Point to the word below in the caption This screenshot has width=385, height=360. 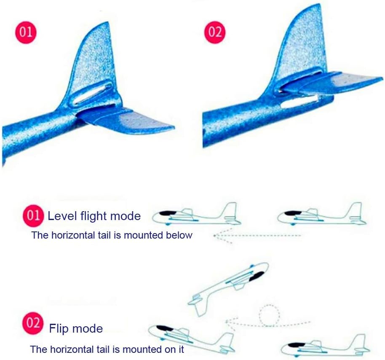click(179, 235)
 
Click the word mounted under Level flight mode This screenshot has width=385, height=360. click(142, 235)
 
